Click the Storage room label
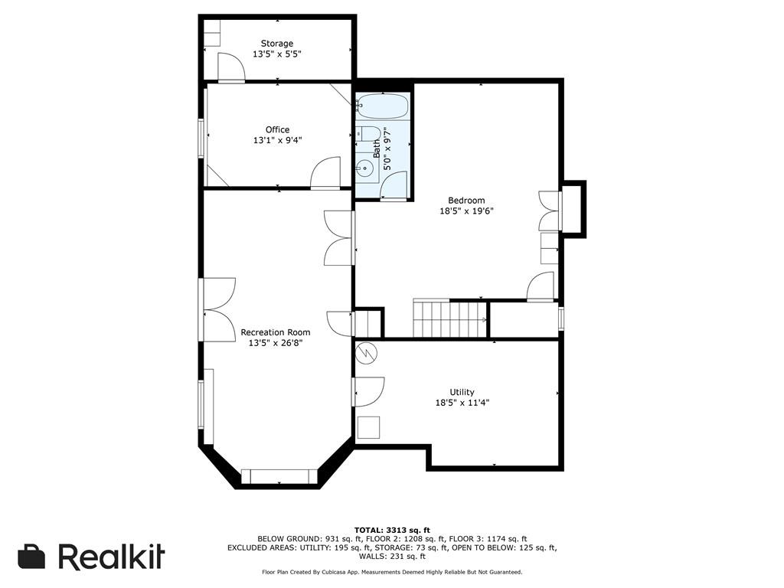(277, 44)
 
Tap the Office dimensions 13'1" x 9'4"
(277, 141)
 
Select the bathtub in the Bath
(383, 106)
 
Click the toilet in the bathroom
(367, 134)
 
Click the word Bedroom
(466, 201)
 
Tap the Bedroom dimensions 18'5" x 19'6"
(466, 211)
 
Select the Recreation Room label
(276, 332)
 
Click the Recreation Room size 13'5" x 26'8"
(276, 343)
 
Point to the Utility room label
(462, 392)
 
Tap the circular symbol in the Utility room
(367, 353)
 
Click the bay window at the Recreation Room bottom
(279, 476)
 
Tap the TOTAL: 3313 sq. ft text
(392, 530)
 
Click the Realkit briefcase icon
(31, 557)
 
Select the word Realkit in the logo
(112, 556)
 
